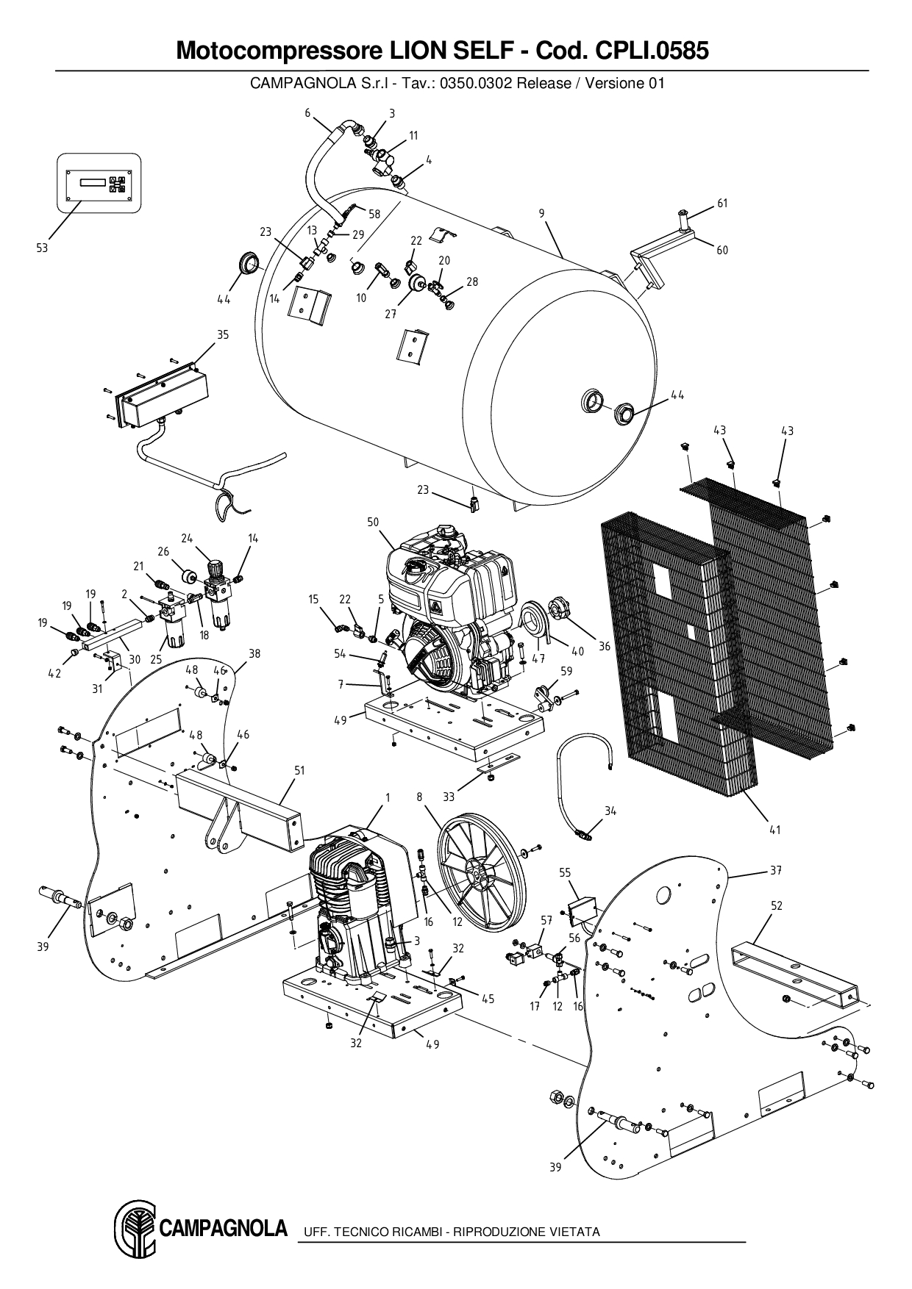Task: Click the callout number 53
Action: tap(42, 248)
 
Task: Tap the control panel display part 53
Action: tap(98, 183)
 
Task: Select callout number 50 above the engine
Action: tap(373, 522)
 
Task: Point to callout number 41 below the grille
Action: tap(774, 830)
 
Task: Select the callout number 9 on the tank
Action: tap(541, 214)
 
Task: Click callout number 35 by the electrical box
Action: tap(223, 335)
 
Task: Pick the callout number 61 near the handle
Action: tap(722, 204)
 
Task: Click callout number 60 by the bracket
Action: tap(722, 250)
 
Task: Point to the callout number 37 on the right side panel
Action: tap(776, 870)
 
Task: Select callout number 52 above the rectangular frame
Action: tap(777, 906)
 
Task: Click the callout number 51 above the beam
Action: tap(299, 770)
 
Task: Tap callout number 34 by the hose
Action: tap(610, 811)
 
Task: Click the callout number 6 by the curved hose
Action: tap(307, 112)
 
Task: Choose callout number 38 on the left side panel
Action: tap(254, 653)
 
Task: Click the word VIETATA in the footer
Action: tap(574, 1232)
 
